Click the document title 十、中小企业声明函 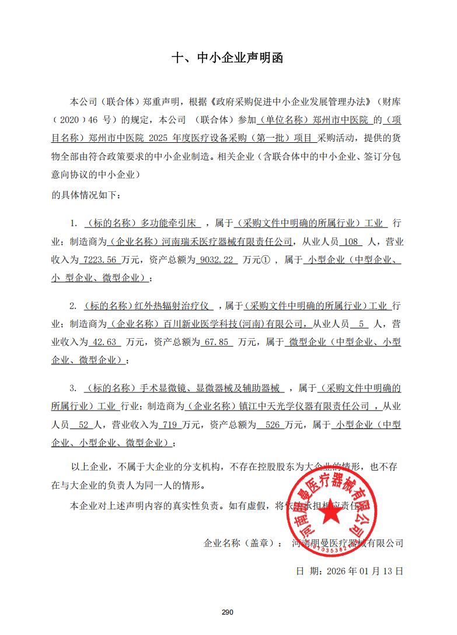(228, 58)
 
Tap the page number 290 (228, 612)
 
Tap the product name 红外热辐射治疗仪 (172, 306)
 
